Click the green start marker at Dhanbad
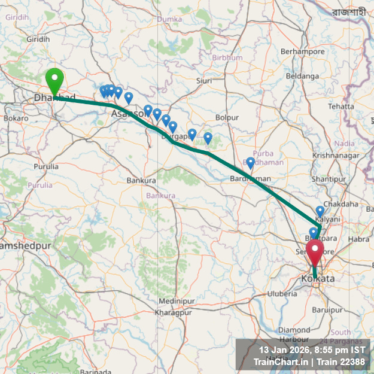54,81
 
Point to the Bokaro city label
16,118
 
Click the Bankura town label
141,180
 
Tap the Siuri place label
204,80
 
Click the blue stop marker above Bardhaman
251,162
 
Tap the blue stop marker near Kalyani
320,211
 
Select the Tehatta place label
341,106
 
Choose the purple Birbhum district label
227,57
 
